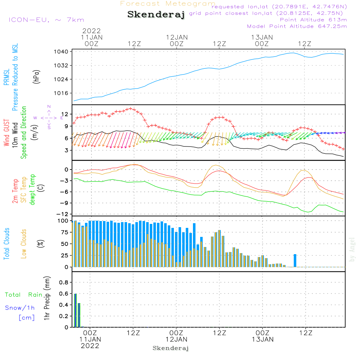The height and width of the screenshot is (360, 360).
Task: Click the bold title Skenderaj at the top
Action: [x=156, y=15]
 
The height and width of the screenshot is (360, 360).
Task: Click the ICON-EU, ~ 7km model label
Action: [x=46, y=20]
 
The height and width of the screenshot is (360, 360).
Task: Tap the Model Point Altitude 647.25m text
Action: [x=297, y=26]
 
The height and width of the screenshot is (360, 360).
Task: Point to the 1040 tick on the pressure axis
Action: [x=61, y=52]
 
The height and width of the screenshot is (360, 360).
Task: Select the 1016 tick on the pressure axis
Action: [x=61, y=93]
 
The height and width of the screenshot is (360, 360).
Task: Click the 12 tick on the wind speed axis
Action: [x=65, y=114]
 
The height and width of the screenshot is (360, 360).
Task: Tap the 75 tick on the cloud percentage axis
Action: [x=64, y=232]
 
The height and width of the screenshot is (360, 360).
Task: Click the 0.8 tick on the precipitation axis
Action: [x=64, y=282]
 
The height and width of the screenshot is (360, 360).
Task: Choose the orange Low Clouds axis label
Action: [x=24, y=243]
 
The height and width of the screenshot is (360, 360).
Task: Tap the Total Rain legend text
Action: [x=23, y=295]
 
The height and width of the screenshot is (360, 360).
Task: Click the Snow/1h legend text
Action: [x=20, y=308]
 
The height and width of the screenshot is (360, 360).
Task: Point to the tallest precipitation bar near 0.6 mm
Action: [x=75, y=310]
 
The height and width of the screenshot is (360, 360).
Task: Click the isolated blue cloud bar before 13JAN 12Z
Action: [x=295, y=260]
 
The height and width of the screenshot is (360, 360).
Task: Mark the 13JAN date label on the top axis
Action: [x=262, y=37]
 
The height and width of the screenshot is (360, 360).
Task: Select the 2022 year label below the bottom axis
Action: [x=90, y=346]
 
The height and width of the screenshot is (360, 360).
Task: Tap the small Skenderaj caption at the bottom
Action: [x=171, y=348]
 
